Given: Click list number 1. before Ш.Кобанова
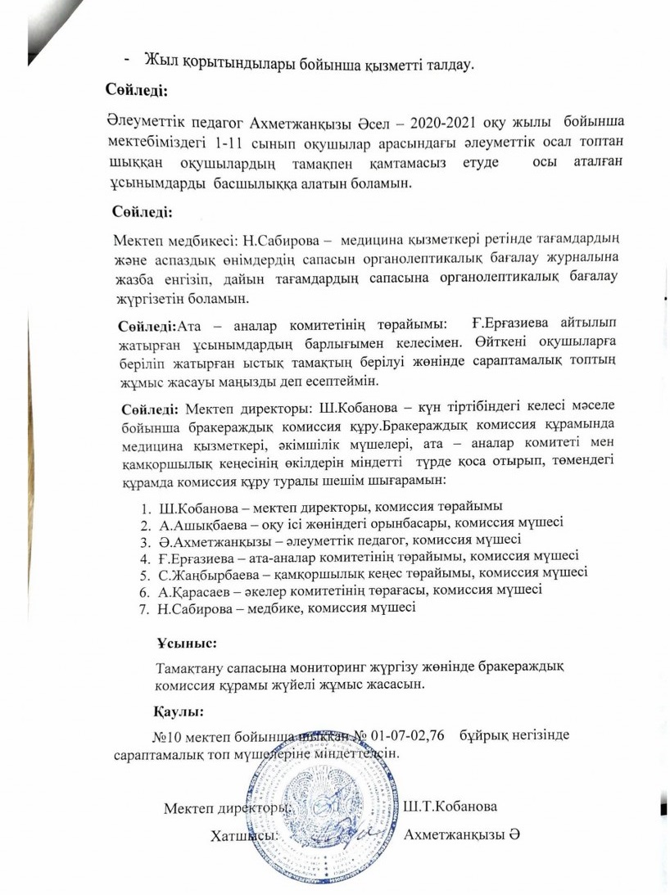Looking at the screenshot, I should tap(145, 504).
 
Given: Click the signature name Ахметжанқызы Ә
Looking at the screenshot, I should tap(463, 834).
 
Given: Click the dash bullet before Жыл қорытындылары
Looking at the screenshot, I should tap(127, 59).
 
